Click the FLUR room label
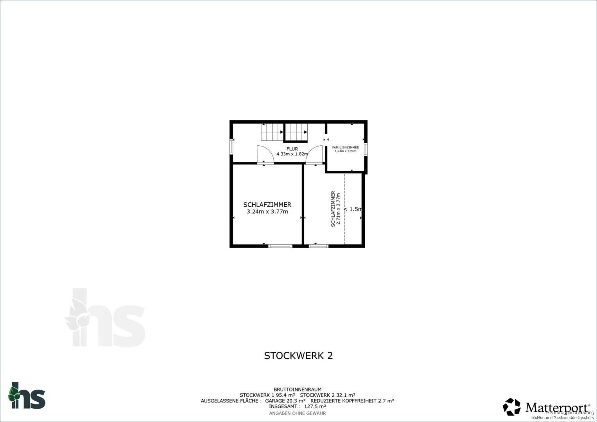tap(292, 149)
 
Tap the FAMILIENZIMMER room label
tap(345, 147)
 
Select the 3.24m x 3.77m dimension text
tap(267, 212)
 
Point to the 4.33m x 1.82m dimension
tap(292, 154)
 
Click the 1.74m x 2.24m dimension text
tap(345, 151)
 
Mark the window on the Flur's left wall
tap(232, 148)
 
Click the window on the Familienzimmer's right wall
tap(366, 149)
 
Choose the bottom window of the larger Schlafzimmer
tap(280, 246)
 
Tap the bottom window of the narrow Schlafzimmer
tap(318, 246)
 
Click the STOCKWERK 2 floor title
tap(298, 356)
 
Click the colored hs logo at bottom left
tap(27, 395)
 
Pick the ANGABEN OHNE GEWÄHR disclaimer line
tap(298, 413)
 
